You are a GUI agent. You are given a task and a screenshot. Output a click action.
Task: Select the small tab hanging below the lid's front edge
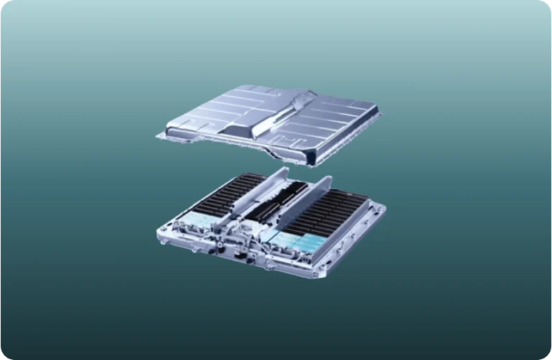pyautogui.click(x=271, y=154)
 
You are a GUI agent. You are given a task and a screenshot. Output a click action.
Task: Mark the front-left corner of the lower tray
pyautogui.click(x=162, y=233)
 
